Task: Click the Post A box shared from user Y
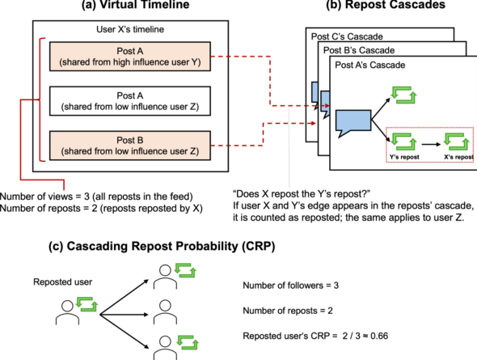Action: click(130, 57)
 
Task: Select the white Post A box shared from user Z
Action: click(130, 101)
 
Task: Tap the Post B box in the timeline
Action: click(130, 146)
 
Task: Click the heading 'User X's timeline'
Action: click(130, 29)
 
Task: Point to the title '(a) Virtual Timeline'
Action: click(135, 5)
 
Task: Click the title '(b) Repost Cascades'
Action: click(386, 5)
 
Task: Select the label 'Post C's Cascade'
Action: click(347, 36)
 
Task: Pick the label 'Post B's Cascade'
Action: click(359, 50)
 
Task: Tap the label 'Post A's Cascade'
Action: click(370, 65)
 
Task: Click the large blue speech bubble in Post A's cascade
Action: click(352, 122)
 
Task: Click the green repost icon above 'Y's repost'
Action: click(403, 142)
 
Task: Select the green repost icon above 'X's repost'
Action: click(456, 142)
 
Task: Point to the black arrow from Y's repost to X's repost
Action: click(432, 144)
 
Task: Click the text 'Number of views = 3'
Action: click(44, 197)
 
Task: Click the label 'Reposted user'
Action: click(63, 282)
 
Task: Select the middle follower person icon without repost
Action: click(165, 312)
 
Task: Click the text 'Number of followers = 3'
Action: click(290, 286)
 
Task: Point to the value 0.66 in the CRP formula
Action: click(379, 336)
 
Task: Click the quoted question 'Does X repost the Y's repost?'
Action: click(302, 194)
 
